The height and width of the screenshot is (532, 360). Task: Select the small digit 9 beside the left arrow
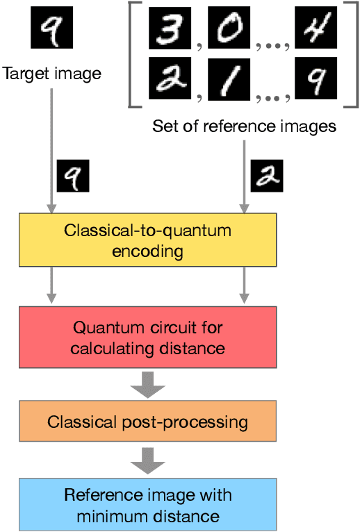(x=72, y=176)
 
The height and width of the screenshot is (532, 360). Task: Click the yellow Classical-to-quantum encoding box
(x=147, y=240)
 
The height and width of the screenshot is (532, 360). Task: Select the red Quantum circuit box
(x=147, y=337)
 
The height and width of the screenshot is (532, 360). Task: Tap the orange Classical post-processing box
(x=147, y=422)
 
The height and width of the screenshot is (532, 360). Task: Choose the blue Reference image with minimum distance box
(x=147, y=506)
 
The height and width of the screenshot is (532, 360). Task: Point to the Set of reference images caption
(x=244, y=126)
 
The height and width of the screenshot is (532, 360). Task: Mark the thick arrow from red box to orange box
(x=147, y=384)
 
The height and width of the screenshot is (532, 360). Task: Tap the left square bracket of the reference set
(x=133, y=56)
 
